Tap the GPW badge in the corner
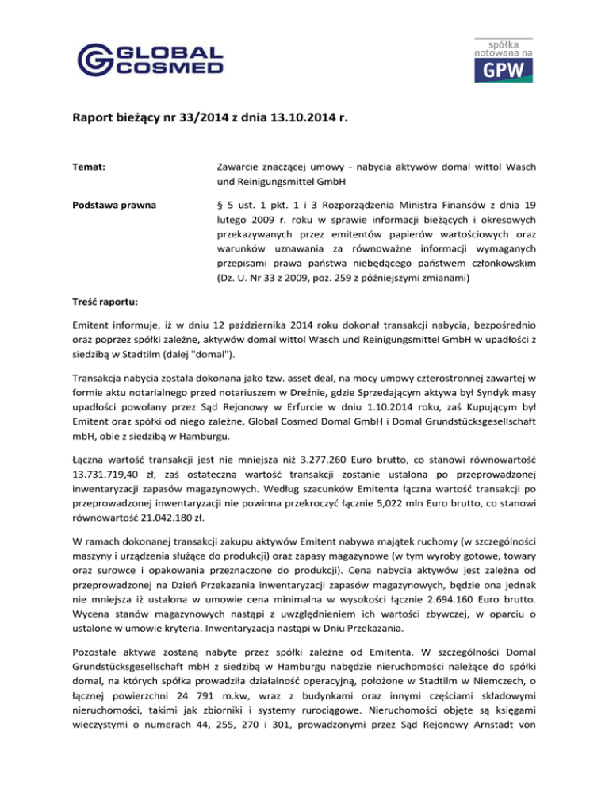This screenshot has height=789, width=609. coord(504,61)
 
